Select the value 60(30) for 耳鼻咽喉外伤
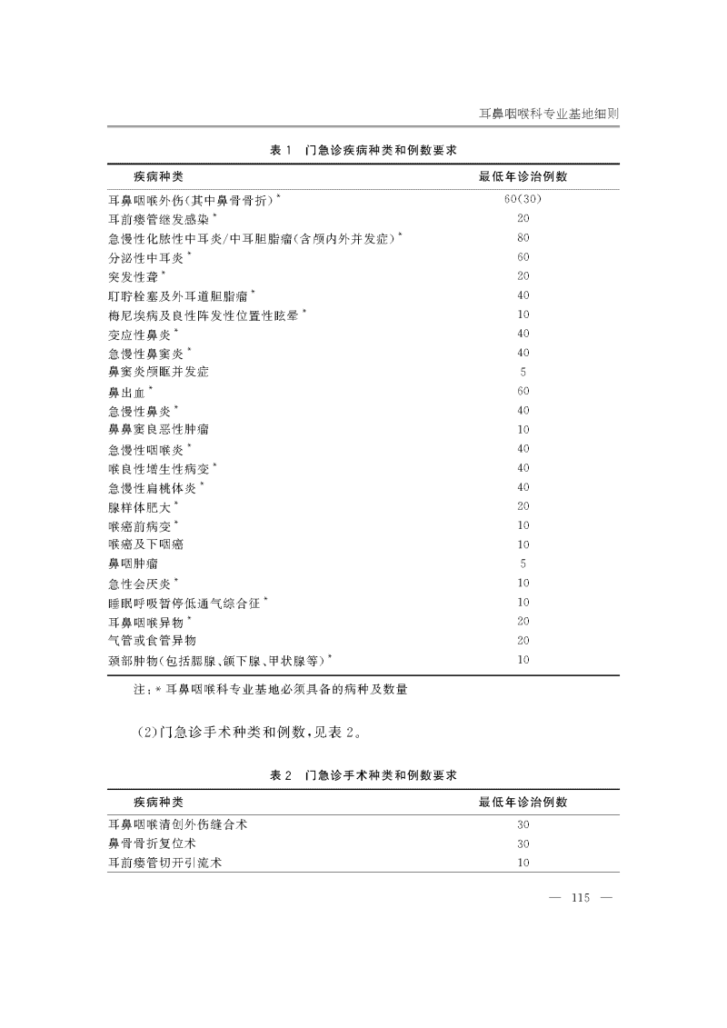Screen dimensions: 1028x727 tap(523, 199)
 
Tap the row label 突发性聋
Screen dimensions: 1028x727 tap(136, 276)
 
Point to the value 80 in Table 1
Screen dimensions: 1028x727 tap(523, 238)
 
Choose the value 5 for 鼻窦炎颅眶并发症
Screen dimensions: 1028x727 tap(523, 372)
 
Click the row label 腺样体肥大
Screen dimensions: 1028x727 tap(144, 506)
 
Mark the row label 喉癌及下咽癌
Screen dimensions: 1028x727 tap(144, 544)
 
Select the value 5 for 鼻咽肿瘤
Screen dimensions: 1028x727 tap(523, 564)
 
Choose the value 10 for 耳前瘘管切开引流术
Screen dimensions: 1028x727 tap(523, 863)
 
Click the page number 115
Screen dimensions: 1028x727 tap(581, 899)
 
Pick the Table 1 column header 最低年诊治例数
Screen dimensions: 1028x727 tap(523, 175)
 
